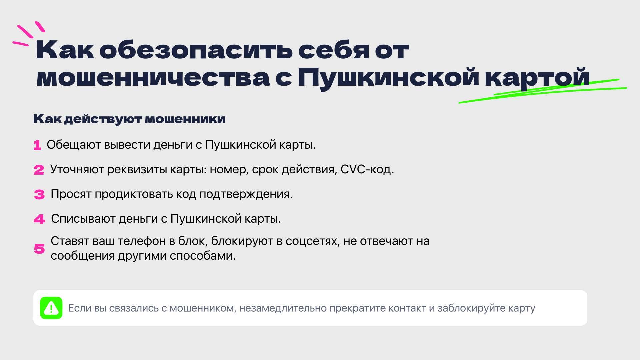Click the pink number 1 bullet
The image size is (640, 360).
(x=37, y=145)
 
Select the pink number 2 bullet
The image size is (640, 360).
(x=39, y=170)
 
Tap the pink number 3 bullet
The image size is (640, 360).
(x=39, y=195)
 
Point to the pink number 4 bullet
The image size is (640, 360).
(x=39, y=219)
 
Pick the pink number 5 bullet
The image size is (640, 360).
(x=39, y=249)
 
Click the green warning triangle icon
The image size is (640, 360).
(x=51, y=308)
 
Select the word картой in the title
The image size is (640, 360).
(x=537, y=79)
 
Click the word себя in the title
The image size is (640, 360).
(x=333, y=50)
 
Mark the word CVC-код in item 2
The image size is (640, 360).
(x=367, y=170)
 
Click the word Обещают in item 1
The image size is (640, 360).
(x=74, y=145)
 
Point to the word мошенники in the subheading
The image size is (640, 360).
(x=185, y=119)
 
